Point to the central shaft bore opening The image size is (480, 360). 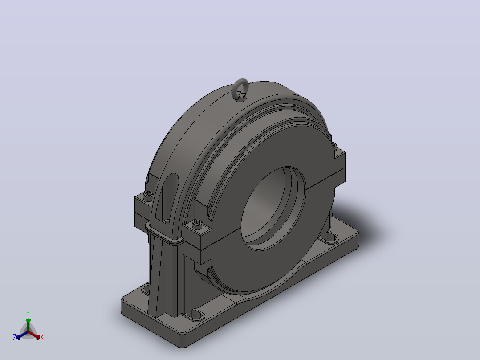[x=273, y=209]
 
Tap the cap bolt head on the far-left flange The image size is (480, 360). [x=148, y=194]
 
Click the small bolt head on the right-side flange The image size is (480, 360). [x=334, y=145]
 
